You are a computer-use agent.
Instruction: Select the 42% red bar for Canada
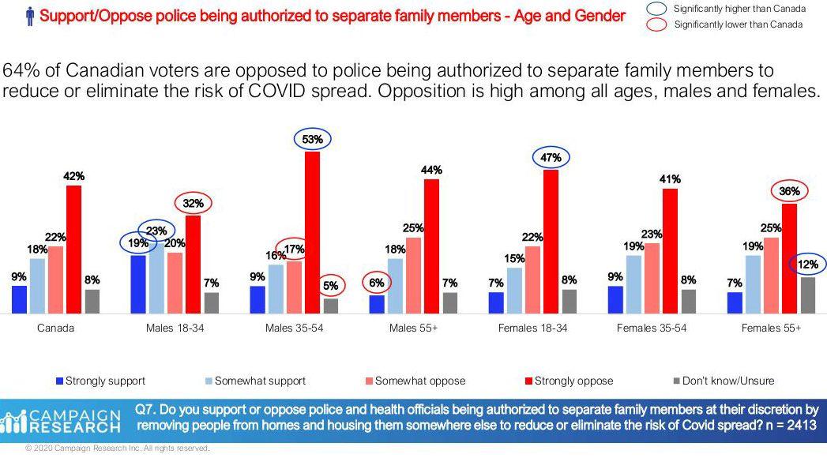point(73,250)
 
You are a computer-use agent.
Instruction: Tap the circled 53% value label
point(313,140)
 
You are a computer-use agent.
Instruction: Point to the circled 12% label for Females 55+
point(808,264)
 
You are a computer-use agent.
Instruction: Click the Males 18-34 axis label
point(175,328)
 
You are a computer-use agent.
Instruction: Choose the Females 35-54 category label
point(652,328)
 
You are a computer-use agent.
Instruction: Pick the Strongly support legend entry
point(100,381)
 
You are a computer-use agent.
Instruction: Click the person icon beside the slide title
point(30,15)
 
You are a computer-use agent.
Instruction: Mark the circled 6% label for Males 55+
point(377,282)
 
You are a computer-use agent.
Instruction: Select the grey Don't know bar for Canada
point(92,302)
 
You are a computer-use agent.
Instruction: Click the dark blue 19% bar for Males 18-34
point(138,284)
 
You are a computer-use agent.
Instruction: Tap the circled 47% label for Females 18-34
point(551,158)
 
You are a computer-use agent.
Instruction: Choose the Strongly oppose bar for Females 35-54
point(671,251)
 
